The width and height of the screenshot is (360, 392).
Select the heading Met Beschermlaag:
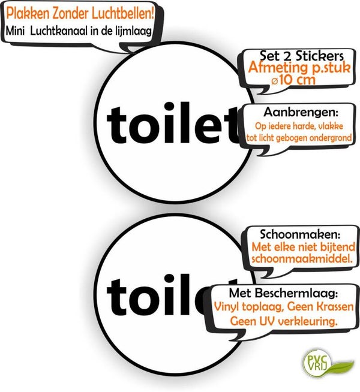(x=283, y=293)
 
